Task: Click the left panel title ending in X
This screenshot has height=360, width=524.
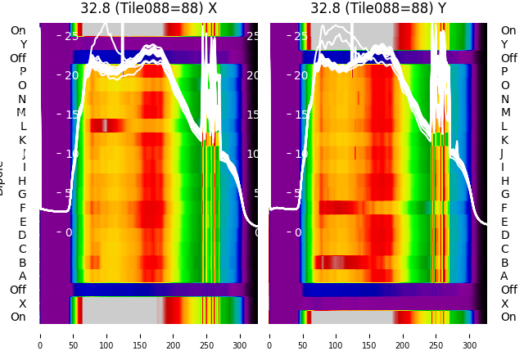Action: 148,8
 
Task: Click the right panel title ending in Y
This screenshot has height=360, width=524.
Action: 379,8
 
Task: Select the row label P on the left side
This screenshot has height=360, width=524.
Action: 23,71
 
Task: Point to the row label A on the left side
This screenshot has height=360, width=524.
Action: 23,276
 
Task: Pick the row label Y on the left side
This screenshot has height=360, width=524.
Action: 23,44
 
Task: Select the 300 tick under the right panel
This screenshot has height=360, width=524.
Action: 471,335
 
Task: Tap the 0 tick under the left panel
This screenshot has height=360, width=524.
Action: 40,335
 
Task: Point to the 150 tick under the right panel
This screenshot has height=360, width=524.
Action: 370,335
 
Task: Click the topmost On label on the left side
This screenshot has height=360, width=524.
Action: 18,30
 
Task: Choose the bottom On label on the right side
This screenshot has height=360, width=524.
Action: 508,317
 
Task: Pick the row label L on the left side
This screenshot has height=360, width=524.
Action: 23,126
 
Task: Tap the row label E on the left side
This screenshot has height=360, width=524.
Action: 23,222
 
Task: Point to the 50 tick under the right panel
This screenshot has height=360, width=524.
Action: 303,335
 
